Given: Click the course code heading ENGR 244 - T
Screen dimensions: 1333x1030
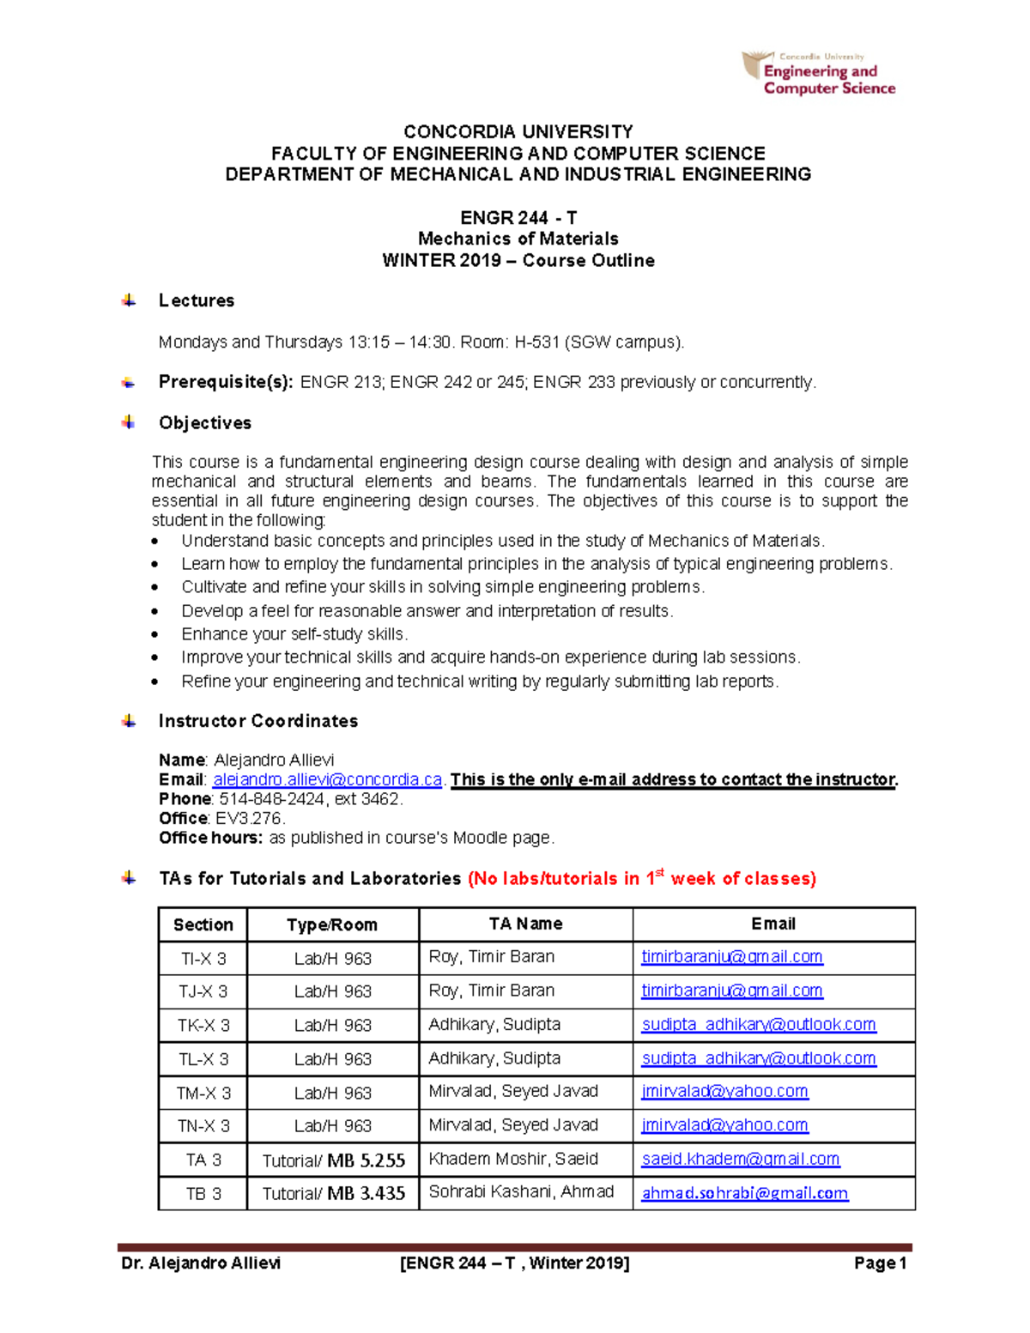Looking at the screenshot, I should coord(518,218).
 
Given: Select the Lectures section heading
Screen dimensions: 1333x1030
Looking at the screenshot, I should coord(196,300).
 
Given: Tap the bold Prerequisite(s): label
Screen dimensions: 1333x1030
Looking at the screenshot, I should coord(226,382).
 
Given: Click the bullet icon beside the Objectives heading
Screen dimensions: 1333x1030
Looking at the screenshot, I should coord(129,422).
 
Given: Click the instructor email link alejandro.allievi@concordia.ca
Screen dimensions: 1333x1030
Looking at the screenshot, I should coord(327,779).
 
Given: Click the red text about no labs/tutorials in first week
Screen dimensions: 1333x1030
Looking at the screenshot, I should coord(641,878).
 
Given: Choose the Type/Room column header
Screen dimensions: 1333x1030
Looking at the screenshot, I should coord(332,924).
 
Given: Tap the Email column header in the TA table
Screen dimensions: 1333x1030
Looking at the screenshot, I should coord(772,924).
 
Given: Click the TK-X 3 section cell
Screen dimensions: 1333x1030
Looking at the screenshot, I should coord(203,1025).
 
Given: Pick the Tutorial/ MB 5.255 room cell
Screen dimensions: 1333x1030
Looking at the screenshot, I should coord(333,1160).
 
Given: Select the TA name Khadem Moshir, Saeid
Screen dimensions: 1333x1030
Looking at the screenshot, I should coord(513,1159).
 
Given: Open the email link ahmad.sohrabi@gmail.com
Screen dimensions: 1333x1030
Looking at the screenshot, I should coord(744,1193).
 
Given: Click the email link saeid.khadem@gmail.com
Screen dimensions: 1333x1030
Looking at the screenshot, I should coord(740,1159).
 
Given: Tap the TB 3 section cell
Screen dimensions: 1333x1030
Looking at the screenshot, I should coord(203,1194).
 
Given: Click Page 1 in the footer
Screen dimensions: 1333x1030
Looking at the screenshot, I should coord(880,1263).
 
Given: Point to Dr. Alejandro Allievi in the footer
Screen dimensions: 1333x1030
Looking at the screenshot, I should coord(201,1263).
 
